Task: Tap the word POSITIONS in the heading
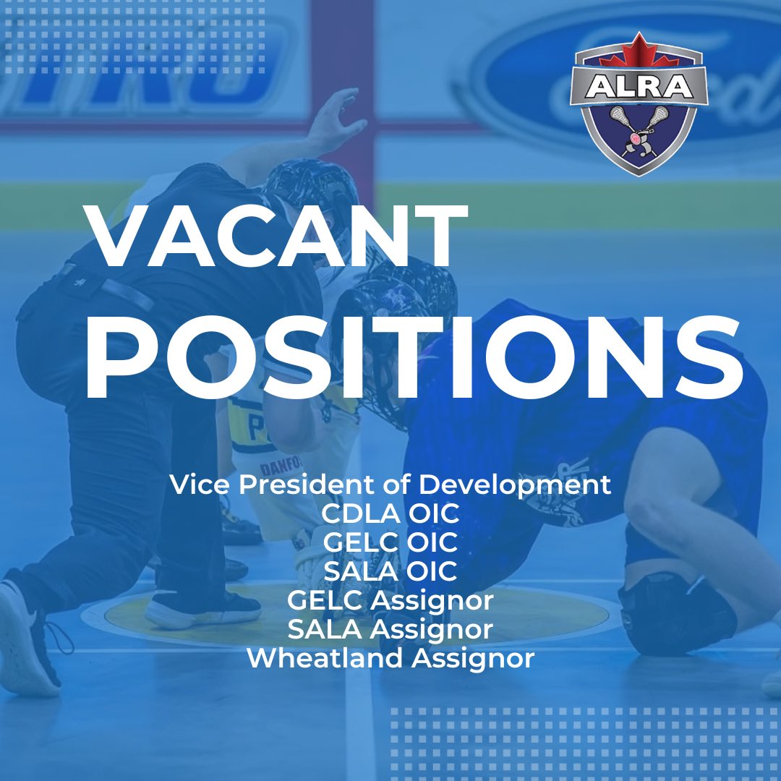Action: (x=413, y=354)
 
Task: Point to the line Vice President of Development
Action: (x=390, y=485)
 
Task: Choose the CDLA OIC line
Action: (x=390, y=514)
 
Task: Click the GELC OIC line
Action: (x=390, y=543)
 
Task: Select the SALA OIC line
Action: (x=390, y=572)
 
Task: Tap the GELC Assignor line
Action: (x=390, y=601)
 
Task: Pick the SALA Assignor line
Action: (x=390, y=630)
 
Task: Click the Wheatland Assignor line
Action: (x=390, y=659)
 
